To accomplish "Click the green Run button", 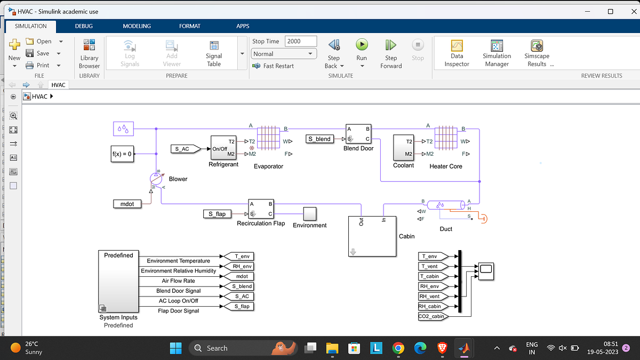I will click(362, 45).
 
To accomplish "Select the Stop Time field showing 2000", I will click(300, 41).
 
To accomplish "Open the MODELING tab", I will click(137, 26).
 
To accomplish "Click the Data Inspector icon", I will click(457, 46).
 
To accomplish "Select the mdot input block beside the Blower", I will click(127, 204).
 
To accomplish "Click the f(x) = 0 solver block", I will click(122, 154).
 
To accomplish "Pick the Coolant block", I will click(403, 148).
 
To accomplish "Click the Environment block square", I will click(309, 213).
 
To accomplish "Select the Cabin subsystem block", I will click(372, 236).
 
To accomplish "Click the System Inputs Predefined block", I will click(118, 281).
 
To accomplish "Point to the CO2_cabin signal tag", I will click(431, 316).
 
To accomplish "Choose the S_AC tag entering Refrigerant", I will click(183, 149).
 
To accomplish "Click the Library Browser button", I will click(89, 53).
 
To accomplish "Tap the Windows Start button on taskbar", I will click(175, 348).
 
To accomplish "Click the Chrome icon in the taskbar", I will click(398, 348).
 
